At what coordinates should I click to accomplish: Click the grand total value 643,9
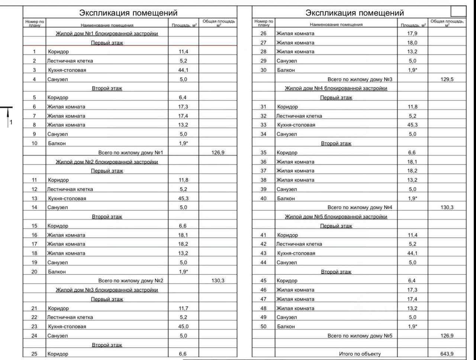coord(447,354)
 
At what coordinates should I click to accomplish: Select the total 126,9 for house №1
coord(218,152)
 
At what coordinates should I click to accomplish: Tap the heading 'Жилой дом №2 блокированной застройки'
coord(107,162)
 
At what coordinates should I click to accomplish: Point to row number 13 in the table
coord(34,198)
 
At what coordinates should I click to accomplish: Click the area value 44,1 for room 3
coord(183,70)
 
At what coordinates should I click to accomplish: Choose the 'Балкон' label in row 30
coord(286,70)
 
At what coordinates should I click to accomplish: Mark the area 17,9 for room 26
coord(412,33)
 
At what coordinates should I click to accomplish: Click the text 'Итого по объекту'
coord(360,354)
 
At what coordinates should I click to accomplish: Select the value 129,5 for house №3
coord(447,79)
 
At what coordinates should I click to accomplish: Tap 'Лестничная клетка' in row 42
coord(299,244)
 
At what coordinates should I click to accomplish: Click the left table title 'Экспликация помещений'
coord(128,13)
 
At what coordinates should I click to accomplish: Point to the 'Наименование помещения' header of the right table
coord(336,25)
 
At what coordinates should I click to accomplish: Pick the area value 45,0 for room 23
coord(183,327)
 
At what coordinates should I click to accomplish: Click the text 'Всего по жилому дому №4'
coord(360,207)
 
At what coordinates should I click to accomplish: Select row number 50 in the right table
coord(263,327)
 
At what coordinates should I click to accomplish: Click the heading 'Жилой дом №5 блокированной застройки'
coord(336,217)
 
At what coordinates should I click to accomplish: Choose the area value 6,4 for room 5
coord(183,97)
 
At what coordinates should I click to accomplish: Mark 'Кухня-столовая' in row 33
coord(296,125)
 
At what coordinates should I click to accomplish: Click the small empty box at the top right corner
coord(458,11)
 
